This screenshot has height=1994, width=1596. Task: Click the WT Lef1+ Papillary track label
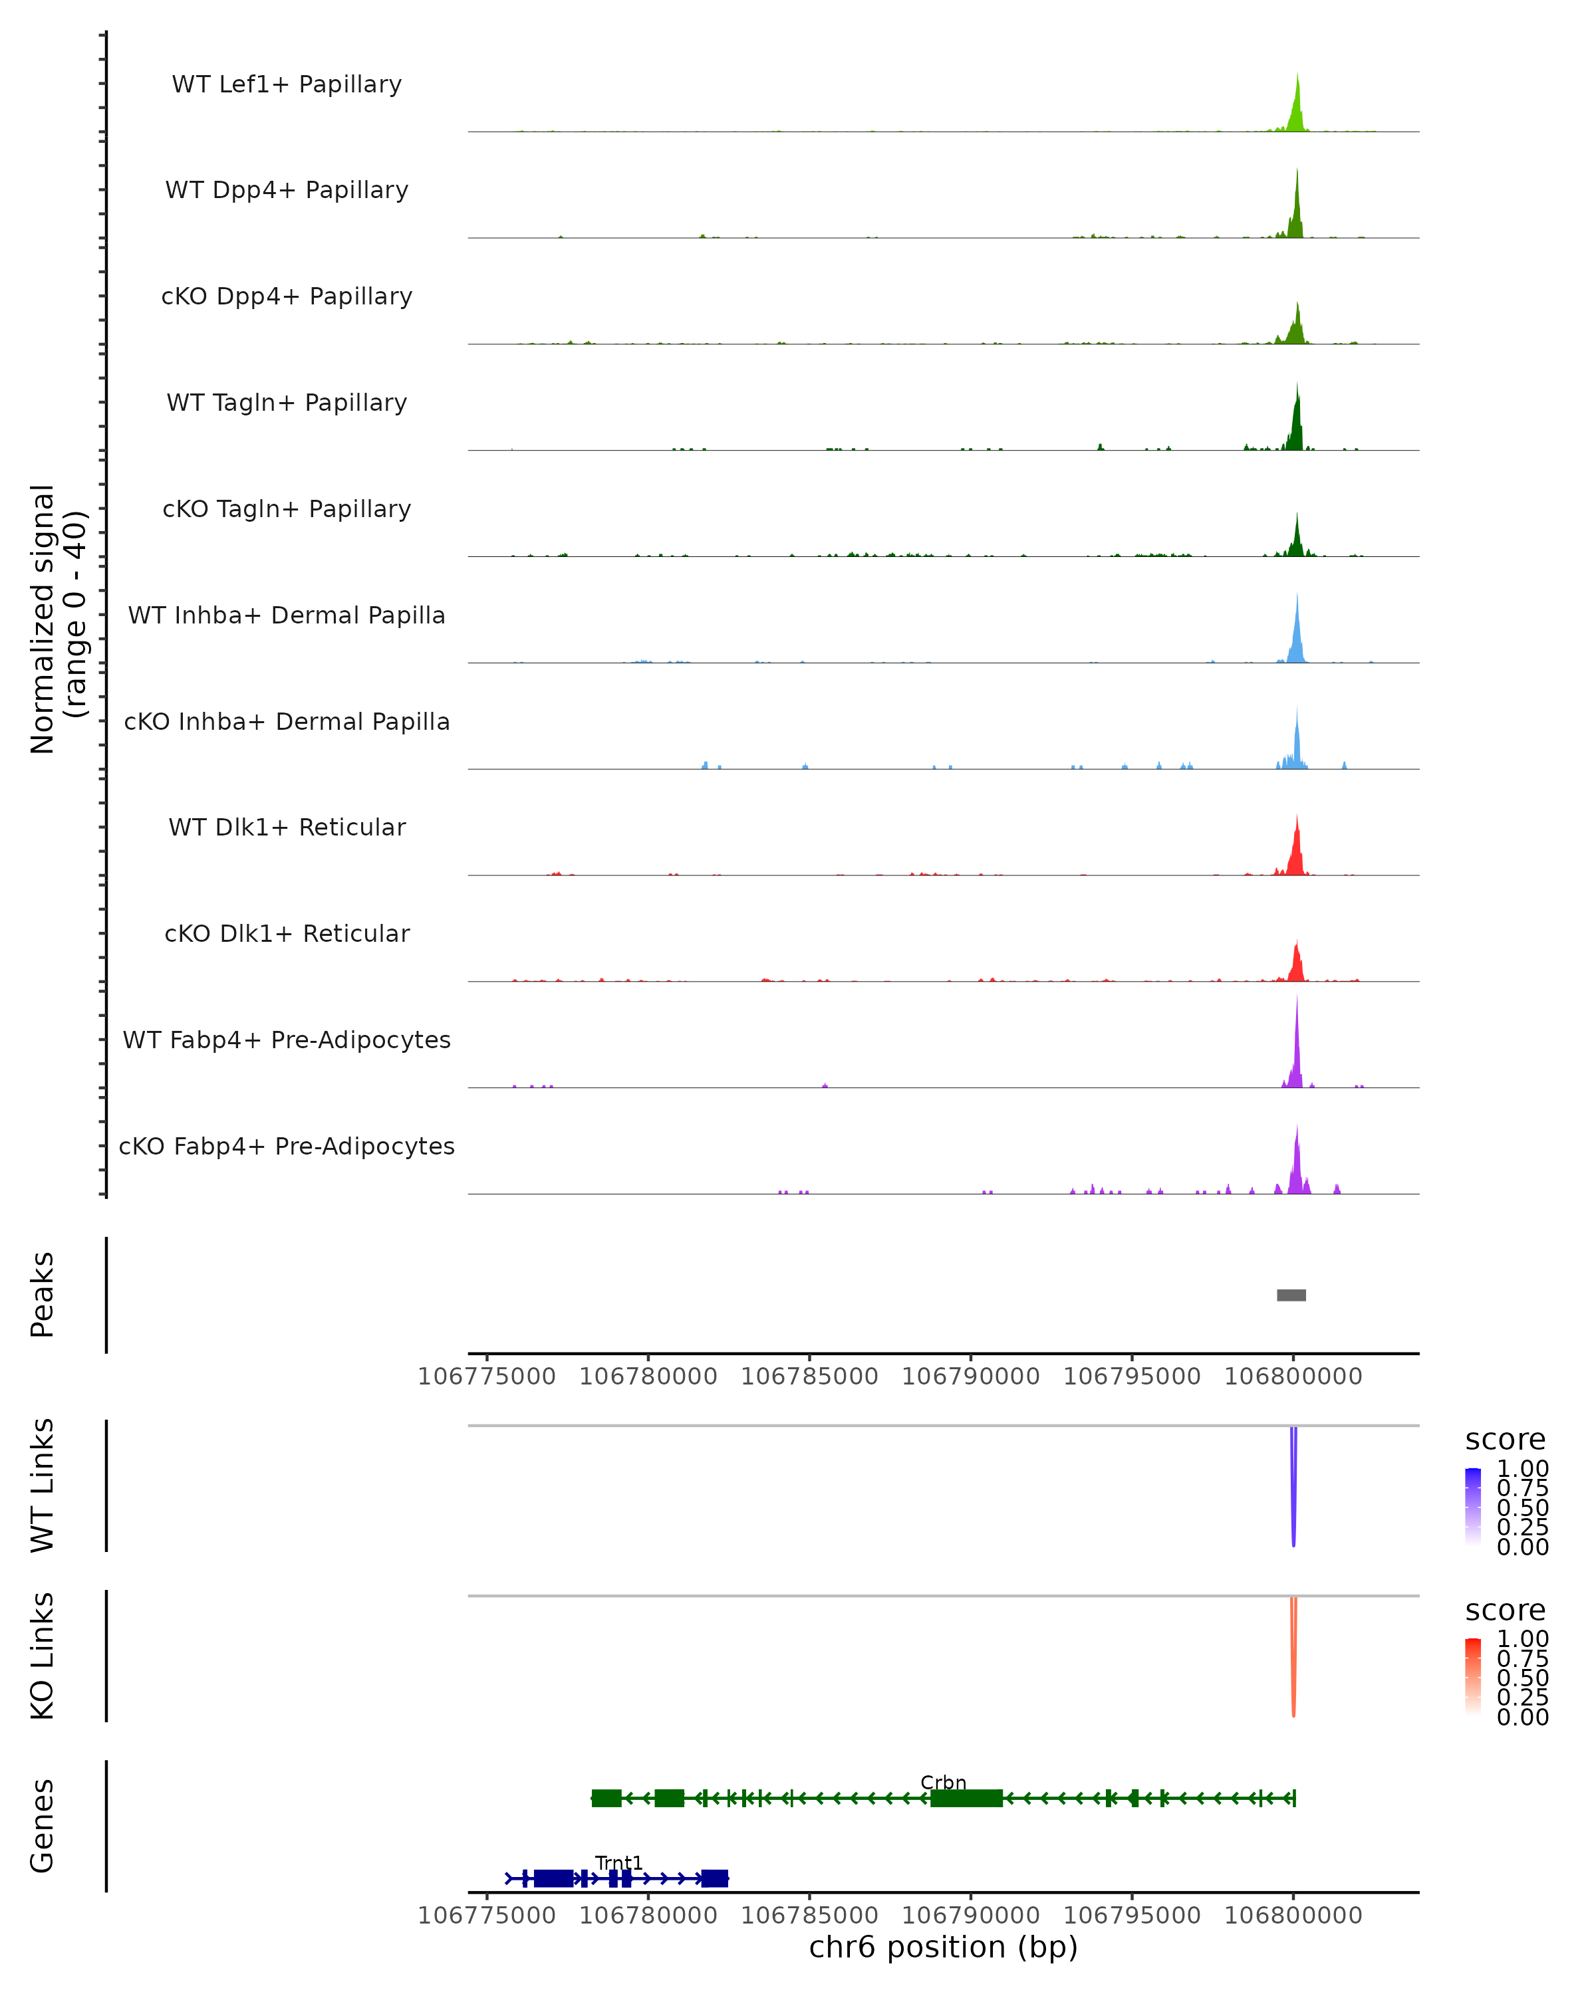287,84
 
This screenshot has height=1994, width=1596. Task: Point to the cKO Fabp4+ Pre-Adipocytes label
287,1146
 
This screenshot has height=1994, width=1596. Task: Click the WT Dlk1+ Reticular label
287,827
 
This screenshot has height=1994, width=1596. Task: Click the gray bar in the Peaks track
1291,1295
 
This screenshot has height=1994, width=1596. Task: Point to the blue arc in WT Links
1293,1489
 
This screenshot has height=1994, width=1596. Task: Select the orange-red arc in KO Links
1293,1660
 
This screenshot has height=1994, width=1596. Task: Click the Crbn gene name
943,1782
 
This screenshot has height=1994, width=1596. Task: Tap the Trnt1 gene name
618,1862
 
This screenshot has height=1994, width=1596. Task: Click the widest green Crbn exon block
966,1798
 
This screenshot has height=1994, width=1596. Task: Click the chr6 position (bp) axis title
943,1947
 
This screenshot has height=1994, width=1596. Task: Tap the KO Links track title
43,1656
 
